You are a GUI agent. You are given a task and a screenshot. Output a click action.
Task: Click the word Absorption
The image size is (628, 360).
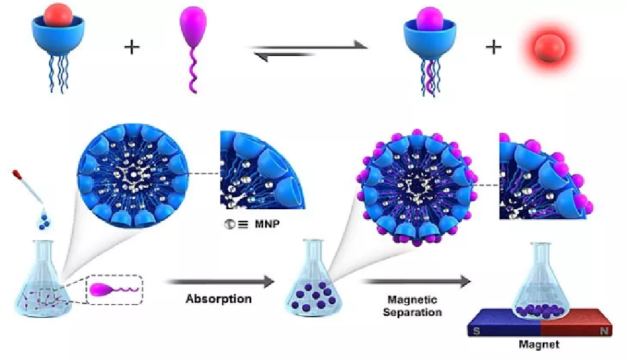tap(219, 298)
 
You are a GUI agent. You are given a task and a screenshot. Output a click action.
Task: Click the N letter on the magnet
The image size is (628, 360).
tap(605, 330)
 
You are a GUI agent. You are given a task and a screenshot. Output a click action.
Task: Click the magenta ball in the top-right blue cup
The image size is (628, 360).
tap(430, 19)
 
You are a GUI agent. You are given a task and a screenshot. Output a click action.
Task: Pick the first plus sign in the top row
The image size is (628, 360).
tap(132, 48)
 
